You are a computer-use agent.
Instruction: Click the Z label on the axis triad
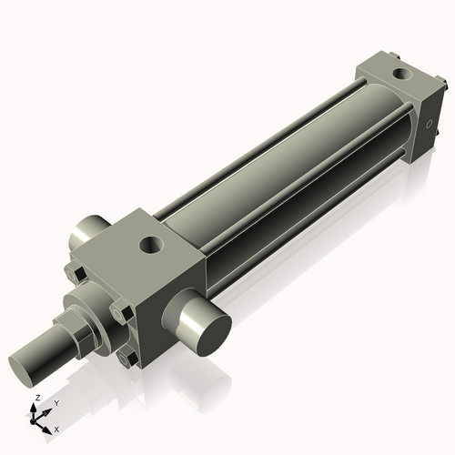35,399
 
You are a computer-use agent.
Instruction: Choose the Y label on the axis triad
56,401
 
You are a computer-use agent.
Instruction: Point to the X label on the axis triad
56,428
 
